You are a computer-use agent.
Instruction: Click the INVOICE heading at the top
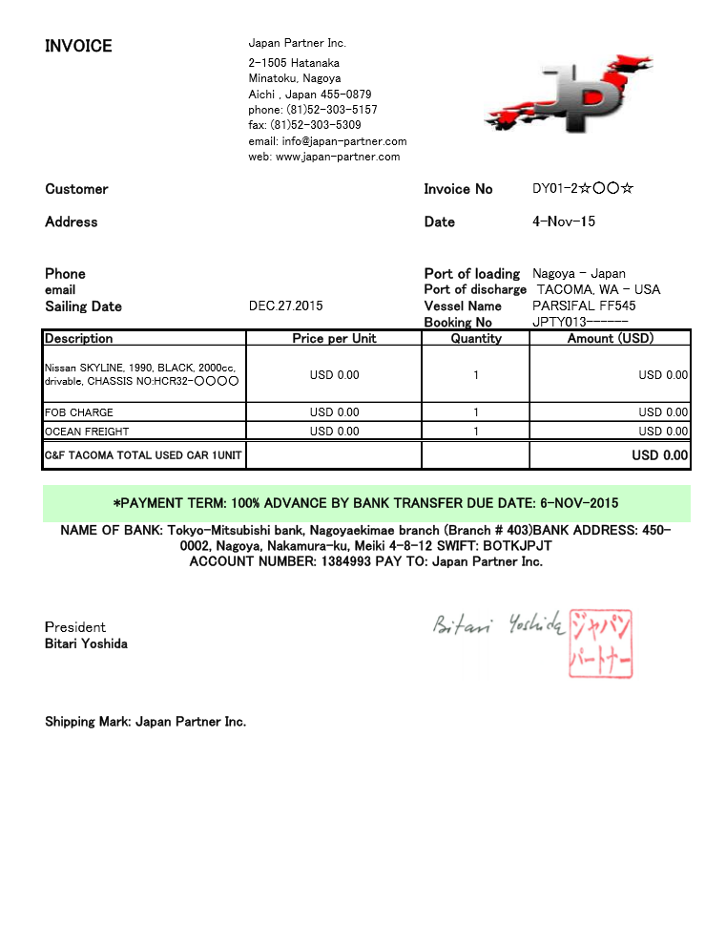point(78,46)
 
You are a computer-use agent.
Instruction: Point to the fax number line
point(304,125)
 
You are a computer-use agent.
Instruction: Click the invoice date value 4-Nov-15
point(563,221)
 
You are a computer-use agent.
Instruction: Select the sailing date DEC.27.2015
point(285,306)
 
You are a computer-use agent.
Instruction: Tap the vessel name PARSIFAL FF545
point(584,306)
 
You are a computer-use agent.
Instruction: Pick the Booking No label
point(458,323)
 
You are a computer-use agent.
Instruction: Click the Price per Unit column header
point(334,338)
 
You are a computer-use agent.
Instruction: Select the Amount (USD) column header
point(610,338)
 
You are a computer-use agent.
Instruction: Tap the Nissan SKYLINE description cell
point(144,374)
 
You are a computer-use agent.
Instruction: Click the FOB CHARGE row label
point(79,412)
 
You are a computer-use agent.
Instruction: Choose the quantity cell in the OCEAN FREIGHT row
point(475,432)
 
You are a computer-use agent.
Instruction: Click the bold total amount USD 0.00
point(659,455)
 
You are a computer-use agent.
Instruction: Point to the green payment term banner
point(366,502)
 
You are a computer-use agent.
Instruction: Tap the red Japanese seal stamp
point(600,643)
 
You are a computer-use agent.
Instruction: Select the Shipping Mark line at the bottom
point(145,722)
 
